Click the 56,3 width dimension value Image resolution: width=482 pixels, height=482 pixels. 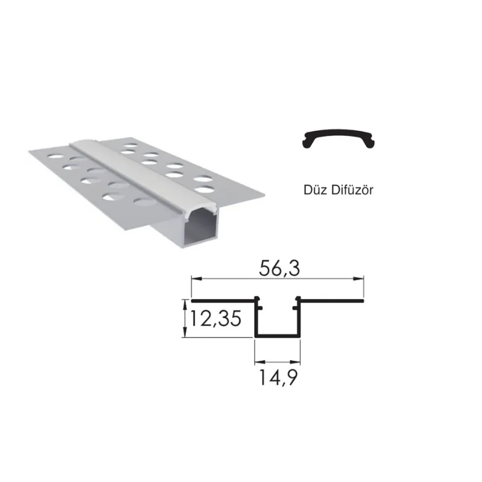[278, 269]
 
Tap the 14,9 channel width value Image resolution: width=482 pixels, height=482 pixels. [278, 378]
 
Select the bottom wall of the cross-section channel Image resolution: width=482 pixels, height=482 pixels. [278, 336]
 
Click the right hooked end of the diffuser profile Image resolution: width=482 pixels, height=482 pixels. [373, 142]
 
